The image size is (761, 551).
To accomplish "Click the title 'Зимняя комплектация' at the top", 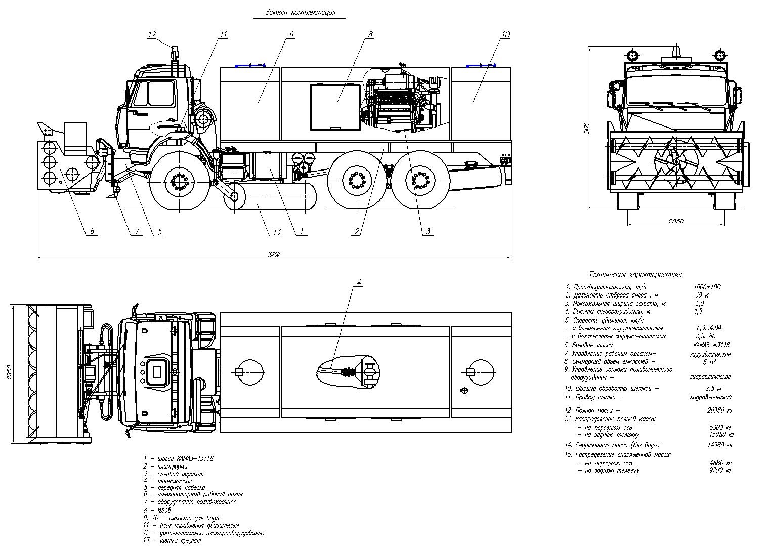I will click(300, 13).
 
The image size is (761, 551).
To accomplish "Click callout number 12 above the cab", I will click(152, 34).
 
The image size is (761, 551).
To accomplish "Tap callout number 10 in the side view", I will click(505, 34).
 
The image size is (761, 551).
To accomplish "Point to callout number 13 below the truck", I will click(276, 232).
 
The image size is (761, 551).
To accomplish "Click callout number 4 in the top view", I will click(359, 282).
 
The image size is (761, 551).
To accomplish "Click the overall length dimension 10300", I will click(273, 255).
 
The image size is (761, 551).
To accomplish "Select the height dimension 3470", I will click(586, 128).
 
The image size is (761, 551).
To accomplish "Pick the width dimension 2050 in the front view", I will click(675, 221).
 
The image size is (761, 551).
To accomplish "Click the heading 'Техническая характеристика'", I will click(636, 275).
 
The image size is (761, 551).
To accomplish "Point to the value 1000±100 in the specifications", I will click(707, 287).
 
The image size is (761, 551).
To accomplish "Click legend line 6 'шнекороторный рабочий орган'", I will click(193, 494).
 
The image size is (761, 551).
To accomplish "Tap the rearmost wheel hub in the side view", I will click(419, 181).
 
